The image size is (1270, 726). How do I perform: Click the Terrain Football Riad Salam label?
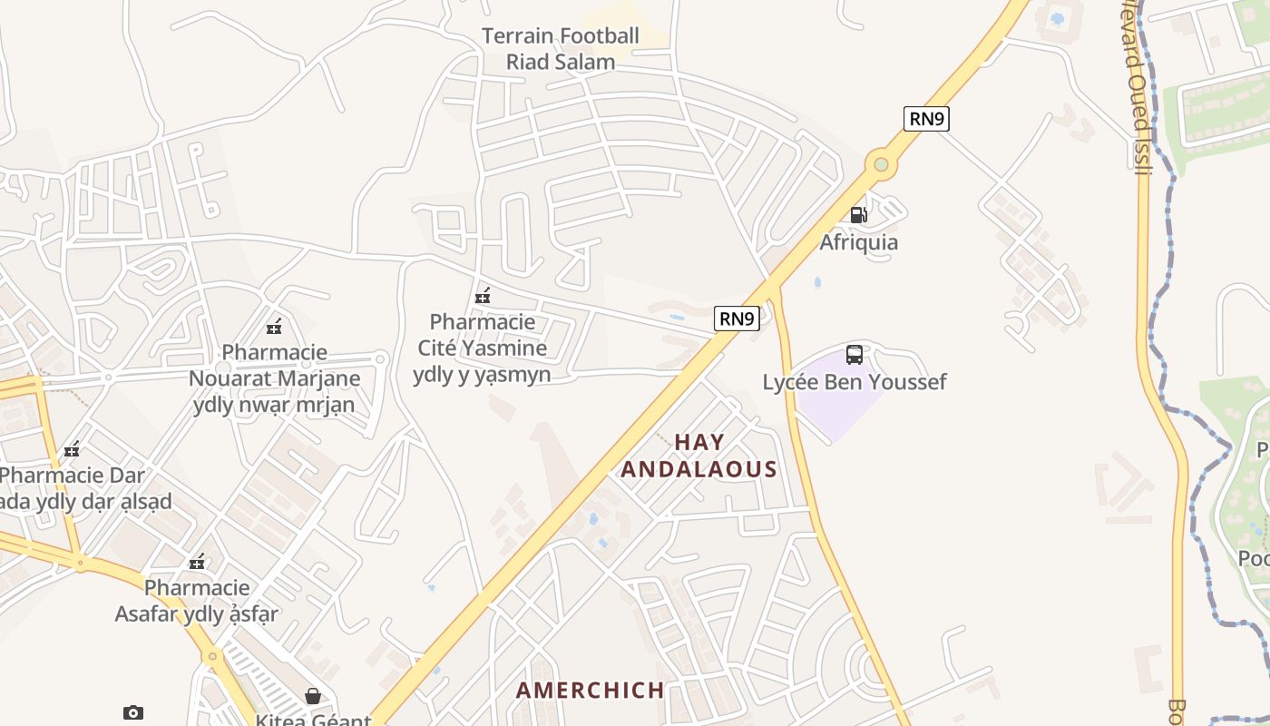(x=560, y=49)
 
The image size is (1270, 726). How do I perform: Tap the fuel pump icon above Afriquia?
(x=858, y=215)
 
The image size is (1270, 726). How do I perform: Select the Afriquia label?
(x=858, y=242)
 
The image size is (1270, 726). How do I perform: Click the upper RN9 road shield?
(x=926, y=119)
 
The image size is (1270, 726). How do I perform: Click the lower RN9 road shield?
(x=737, y=319)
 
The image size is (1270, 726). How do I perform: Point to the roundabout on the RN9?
(x=880, y=165)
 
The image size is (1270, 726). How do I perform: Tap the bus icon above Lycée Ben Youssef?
(x=854, y=355)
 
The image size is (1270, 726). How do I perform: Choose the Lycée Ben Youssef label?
(x=854, y=382)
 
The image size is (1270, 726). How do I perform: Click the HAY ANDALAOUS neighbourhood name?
(x=699, y=456)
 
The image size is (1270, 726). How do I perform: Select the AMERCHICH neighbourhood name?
(x=591, y=690)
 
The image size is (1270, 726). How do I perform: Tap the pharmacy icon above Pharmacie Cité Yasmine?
(x=483, y=296)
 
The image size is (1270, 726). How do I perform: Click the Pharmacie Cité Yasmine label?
(x=482, y=348)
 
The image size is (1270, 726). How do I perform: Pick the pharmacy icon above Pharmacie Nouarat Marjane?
(x=274, y=327)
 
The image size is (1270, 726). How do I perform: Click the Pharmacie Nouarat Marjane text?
(x=274, y=378)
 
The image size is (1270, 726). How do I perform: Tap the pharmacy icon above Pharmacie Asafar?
(x=197, y=563)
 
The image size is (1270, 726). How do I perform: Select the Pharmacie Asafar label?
(x=197, y=601)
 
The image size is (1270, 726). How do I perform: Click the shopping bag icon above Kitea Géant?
(x=313, y=696)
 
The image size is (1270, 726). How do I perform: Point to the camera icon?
(x=133, y=713)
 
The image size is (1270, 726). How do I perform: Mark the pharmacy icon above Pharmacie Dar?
(x=72, y=449)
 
